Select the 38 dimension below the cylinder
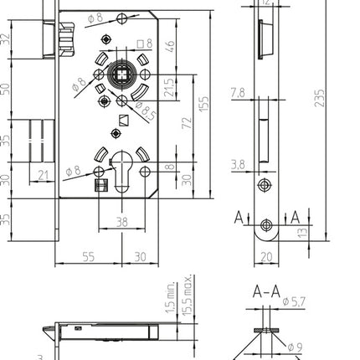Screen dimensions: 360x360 pyautogui.click(x=122, y=224)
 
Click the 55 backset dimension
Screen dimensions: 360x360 pyautogui.click(x=88, y=256)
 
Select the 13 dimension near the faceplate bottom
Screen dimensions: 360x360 pyautogui.click(x=302, y=232)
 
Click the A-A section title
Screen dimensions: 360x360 pyautogui.click(x=265, y=292)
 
